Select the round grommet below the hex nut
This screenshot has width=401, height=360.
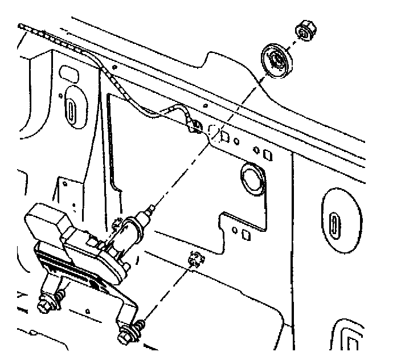coord(277,60)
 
